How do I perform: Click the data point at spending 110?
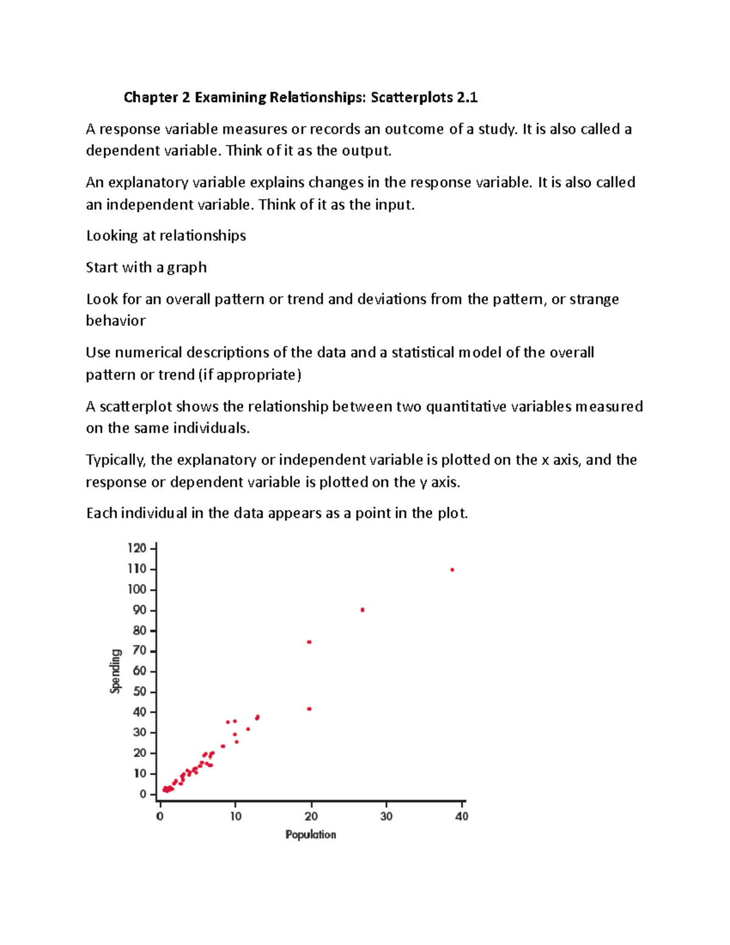452,570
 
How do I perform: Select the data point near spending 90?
363,610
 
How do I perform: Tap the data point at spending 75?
309,642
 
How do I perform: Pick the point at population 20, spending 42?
309,709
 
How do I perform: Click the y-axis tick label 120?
137,548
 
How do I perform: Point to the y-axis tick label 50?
139,691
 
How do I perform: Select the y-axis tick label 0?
143,794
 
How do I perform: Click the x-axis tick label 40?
462,817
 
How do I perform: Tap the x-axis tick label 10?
235,817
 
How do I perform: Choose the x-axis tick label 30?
386,817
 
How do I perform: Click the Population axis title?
310,835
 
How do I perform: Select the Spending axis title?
116,671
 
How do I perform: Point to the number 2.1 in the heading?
467,97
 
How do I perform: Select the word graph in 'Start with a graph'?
187,268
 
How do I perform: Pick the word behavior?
116,321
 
